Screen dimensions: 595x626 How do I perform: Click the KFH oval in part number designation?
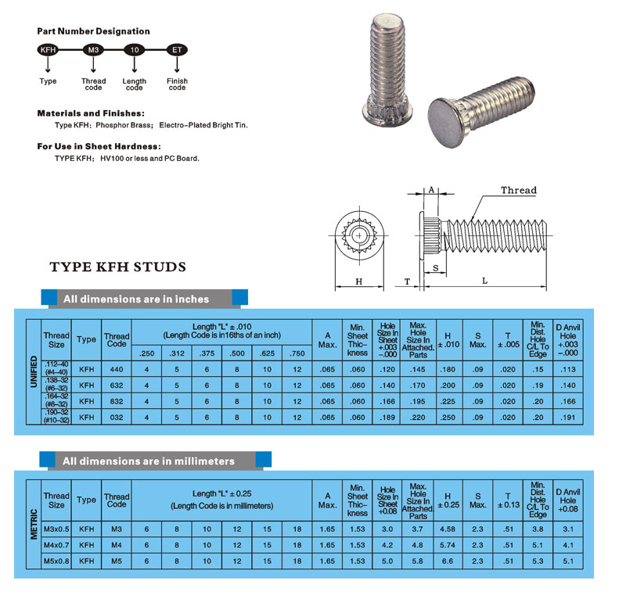click(x=48, y=50)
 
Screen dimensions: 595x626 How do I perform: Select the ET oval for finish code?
click(x=177, y=50)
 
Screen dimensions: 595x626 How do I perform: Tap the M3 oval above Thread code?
click(x=93, y=50)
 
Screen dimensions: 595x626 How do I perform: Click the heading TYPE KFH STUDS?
click(x=118, y=267)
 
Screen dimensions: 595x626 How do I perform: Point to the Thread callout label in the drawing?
click(x=519, y=190)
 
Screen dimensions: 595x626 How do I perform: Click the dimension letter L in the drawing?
click(x=485, y=280)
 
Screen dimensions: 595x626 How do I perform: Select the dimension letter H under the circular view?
click(x=359, y=280)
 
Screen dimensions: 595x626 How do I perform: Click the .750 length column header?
click(x=297, y=354)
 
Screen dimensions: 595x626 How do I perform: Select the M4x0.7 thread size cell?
click(x=56, y=545)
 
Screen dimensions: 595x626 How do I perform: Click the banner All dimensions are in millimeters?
click(x=149, y=461)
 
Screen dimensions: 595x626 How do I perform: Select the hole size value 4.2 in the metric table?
click(x=387, y=545)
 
